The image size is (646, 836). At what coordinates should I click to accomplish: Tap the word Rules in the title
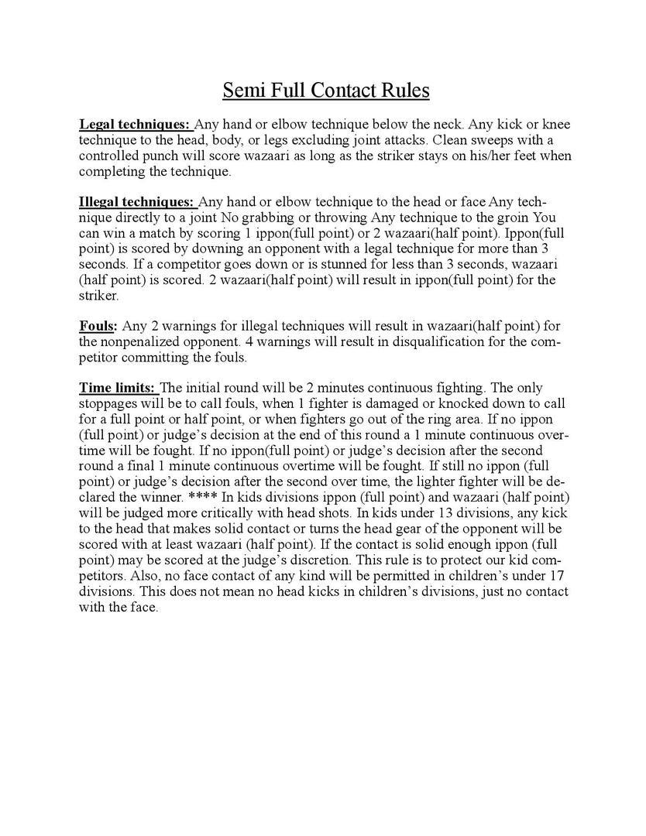tap(404, 91)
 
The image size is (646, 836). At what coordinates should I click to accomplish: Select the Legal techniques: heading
tap(134, 124)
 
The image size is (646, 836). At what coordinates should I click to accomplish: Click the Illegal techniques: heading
tap(136, 202)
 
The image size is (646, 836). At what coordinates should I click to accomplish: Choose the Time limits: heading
tap(118, 388)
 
